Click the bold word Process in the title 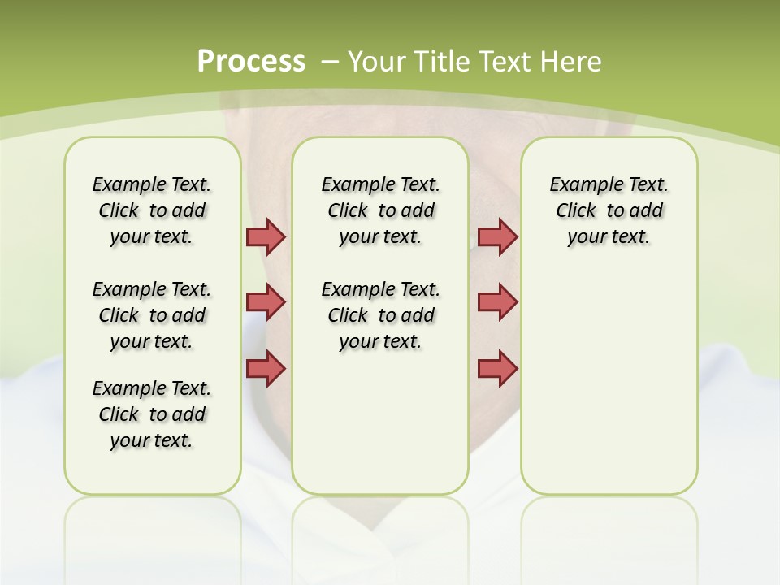[251, 62]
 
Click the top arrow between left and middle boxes [266, 236]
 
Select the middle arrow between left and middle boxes [266, 302]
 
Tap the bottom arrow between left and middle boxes [266, 368]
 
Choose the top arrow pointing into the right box [497, 236]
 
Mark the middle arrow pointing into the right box [497, 302]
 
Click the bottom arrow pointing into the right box [497, 368]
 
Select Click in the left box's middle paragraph [119, 315]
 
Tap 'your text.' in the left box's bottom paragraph [151, 440]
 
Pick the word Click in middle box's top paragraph [348, 211]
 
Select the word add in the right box [647, 211]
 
